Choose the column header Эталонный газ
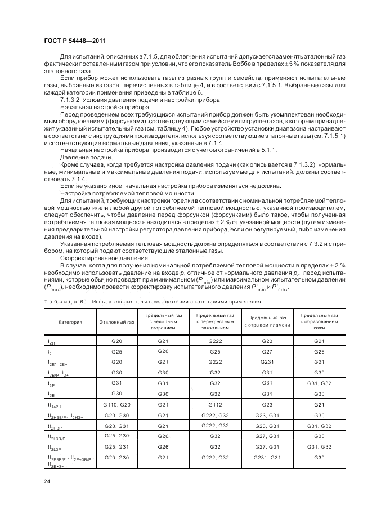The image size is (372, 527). [117, 322]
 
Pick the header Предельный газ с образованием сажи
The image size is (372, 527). [319, 321]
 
